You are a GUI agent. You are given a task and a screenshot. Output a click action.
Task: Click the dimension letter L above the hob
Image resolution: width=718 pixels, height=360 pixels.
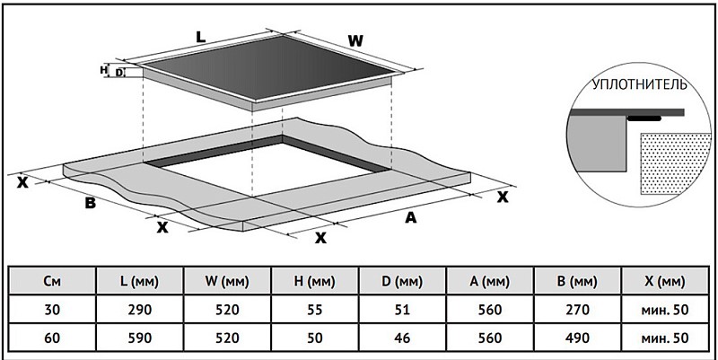200,36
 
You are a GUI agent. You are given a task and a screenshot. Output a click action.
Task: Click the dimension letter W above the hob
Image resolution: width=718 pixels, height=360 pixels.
355,41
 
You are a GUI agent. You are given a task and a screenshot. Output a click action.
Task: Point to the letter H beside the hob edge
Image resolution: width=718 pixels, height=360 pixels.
103,70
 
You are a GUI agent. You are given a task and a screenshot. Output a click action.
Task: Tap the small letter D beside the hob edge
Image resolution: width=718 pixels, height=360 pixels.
119,73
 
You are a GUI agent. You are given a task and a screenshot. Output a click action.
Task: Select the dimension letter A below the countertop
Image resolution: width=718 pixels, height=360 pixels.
411,217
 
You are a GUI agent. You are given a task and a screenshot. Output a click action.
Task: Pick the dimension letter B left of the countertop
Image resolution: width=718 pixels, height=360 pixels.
91,203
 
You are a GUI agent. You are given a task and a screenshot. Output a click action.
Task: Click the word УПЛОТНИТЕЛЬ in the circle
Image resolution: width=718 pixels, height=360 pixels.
640,84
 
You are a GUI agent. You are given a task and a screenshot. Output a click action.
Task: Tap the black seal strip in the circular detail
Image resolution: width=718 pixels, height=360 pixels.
644,119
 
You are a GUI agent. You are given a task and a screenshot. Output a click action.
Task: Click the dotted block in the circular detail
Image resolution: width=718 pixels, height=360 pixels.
675,163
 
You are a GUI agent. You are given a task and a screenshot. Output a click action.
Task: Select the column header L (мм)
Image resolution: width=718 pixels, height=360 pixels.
140,281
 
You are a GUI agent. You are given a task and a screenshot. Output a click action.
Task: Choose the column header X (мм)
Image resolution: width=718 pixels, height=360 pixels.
664,281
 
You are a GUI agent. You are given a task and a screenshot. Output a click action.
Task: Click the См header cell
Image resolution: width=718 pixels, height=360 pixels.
53,281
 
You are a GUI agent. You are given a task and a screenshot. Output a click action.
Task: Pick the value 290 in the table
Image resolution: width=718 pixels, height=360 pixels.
140,310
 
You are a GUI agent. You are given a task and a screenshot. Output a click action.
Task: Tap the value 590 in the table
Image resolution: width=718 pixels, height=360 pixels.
140,338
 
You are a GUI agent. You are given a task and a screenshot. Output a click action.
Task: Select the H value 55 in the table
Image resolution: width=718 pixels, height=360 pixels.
315,310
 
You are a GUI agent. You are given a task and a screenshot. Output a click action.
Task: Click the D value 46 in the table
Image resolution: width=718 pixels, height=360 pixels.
402,338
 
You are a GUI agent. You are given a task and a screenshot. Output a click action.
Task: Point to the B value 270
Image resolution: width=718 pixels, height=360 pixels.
578,310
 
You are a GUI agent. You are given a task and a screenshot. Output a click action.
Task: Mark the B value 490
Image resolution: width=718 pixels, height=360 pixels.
578,338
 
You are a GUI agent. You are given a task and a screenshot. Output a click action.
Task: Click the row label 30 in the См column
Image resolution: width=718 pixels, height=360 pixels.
53,310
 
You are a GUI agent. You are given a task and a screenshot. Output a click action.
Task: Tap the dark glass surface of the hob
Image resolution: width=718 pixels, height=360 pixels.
269,66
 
